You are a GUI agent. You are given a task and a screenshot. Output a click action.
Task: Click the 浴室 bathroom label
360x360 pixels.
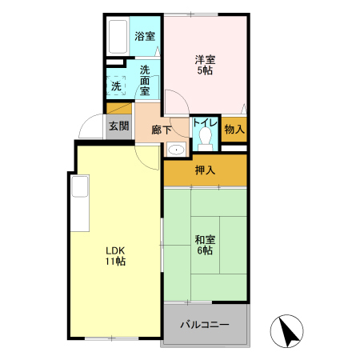pyautogui.click(x=144, y=36)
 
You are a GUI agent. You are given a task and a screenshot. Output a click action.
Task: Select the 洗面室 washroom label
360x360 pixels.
pyautogui.click(x=145, y=80)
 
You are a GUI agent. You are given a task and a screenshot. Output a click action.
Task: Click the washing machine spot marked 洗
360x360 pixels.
pyautogui.click(x=117, y=85)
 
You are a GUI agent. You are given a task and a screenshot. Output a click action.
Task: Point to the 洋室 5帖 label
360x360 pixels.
pyautogui.click(x=205, y=64)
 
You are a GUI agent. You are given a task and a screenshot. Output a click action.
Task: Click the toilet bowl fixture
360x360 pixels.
pyautogui.click(x=206, y=139)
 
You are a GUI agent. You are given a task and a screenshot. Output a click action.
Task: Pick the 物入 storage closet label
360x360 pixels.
pyautogui.click(x=234, y=129)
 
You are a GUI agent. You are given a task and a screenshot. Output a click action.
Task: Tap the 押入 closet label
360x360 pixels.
pyautogui.click(x=205, y=170)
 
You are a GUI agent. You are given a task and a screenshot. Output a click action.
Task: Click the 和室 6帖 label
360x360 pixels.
pyautogui.click(x=204, y=244)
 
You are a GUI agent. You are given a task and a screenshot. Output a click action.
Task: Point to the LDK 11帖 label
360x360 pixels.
pyautogui.click(x=115, y=254)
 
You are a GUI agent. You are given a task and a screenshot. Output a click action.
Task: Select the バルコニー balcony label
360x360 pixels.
pyautogui.click(x=204, y=326)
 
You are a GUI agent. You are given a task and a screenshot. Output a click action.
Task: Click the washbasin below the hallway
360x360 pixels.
pyautogui.click(x=176, y=149)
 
